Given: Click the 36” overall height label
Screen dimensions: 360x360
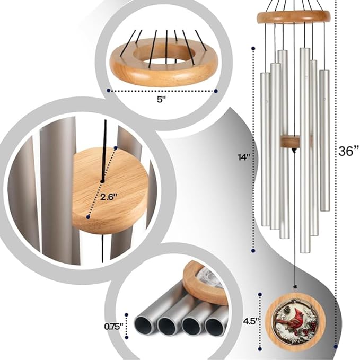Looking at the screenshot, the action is click(x=348, y=151).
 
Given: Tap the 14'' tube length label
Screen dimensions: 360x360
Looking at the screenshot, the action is click(x=244, y=157).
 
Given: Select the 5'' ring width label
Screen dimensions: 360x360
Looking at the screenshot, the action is click(x=161, y=100).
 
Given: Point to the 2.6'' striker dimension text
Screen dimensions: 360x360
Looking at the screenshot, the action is click(x=109, y=197).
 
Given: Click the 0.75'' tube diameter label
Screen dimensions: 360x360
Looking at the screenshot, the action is click(x=113, y=327).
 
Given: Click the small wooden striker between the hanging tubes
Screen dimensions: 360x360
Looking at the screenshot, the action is click(x=289, y=142).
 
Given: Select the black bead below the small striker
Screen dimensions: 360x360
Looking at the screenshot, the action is click(x=294, y=151).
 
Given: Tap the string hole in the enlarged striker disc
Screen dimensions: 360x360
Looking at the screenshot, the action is click(x=102, y=181).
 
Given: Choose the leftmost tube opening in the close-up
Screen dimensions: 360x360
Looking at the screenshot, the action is click(x=144, y=326).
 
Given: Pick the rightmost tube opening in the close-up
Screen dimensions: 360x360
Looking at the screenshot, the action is click(x=214, y=327).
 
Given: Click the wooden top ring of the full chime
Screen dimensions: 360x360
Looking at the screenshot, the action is click(x=294, y=17).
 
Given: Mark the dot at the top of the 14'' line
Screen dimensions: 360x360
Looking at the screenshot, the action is click(x=253, y=48).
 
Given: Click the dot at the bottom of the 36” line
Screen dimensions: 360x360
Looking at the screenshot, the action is click(x=336, y=347).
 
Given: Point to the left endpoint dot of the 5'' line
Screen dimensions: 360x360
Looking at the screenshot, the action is click(x=109, y=91).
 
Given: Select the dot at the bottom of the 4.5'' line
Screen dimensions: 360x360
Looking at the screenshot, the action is click(x=260, y=349).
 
